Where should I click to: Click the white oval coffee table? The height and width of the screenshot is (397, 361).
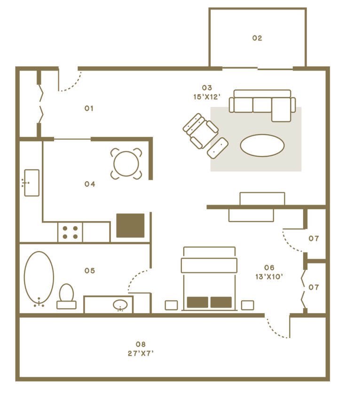tap(262, 145)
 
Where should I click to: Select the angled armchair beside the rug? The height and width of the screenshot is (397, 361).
tap(200, 129)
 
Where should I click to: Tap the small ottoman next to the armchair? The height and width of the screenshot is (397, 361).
tap(217, 148)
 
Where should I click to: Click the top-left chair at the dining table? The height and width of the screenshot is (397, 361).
tap(115, 151)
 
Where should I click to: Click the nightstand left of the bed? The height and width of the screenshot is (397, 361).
tap(171, 305)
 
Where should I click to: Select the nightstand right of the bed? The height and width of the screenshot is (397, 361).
tap(247, 305)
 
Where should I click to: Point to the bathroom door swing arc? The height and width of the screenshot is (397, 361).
tap(136, 280)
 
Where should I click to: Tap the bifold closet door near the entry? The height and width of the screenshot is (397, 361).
tap(39, 103)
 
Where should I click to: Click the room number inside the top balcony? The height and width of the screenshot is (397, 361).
tap(257, 38)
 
